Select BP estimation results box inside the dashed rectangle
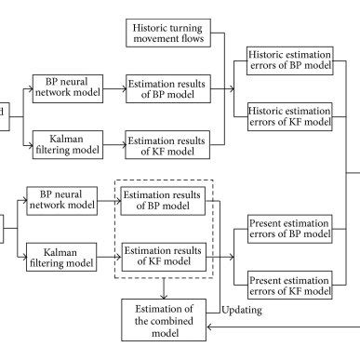pyautogui.click(x=164, y=201)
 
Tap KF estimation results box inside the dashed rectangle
pyautogui.click(x=164, y=254)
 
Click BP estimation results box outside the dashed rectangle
pyautogui.click(x=169, y=90)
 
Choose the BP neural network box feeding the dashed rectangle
pyautogui.click(x=60, y=201)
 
